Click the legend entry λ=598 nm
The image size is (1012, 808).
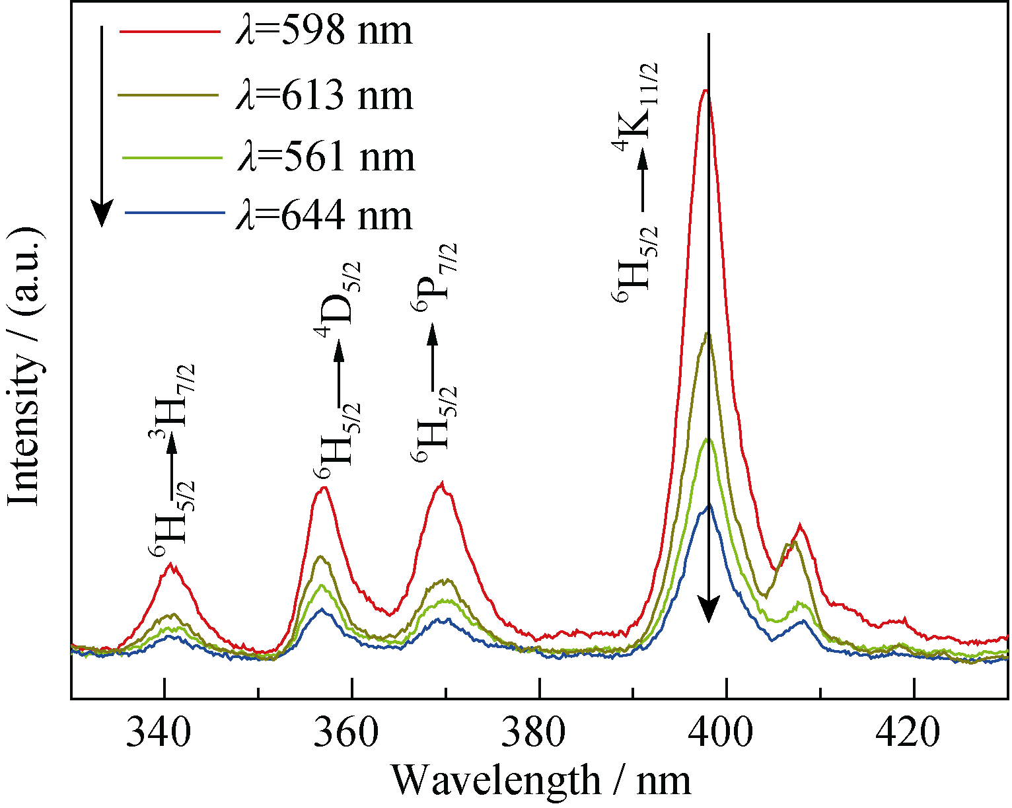pyautogui.click(x=323, y=31)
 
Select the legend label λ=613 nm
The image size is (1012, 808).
pyautogui.click(x=323, y=95)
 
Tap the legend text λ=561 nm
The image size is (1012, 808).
pyautogui.click(x=324, y=157)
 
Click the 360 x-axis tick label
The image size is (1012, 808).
pyautogui.click(x=351, y=731)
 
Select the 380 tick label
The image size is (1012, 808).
pyautogui.click(x=539, y=731)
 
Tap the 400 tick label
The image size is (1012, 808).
pyautogui.click(x=727, y=731)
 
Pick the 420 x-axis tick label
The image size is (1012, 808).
pyautogui.click(x=914, y=731)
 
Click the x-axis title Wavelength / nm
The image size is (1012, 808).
pyautogui.click(x=542, y=780)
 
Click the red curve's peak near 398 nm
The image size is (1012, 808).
pyautogui.click(x=706, y=91)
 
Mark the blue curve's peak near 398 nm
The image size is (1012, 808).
pyautogui.click(x=709, y=505)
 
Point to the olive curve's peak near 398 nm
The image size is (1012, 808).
pyautogui.click(x=708, y=333)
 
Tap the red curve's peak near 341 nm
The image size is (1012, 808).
pyautogui.click(x=172, y=564)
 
